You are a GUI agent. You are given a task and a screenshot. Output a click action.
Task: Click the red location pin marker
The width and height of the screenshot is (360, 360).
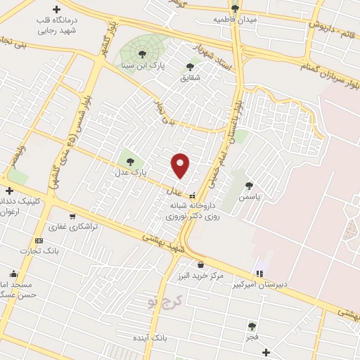click(x=181, y=165)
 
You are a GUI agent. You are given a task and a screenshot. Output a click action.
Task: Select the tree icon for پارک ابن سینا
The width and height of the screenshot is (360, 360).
click(x=143, y=53)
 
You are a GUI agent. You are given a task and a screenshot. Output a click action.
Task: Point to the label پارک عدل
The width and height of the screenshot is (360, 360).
click(x=130, y=171)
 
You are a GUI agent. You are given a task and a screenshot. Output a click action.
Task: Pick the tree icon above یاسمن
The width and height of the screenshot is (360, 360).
click(x=249, y=186)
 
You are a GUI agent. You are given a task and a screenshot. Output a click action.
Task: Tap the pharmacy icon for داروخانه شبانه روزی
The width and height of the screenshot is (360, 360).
click(x=193, y=196)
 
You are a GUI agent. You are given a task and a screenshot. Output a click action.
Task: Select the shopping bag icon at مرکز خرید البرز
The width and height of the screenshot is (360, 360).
click(x=202, y=264)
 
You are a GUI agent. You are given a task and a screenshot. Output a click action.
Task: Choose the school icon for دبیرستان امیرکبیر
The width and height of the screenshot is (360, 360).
click(x=260, y=274)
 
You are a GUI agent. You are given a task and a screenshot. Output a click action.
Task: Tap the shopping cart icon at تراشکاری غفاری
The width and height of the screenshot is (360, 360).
click(x=72, y=216)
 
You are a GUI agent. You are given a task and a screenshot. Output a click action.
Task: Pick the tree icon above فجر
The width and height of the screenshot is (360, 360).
click(x=252, y=326)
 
